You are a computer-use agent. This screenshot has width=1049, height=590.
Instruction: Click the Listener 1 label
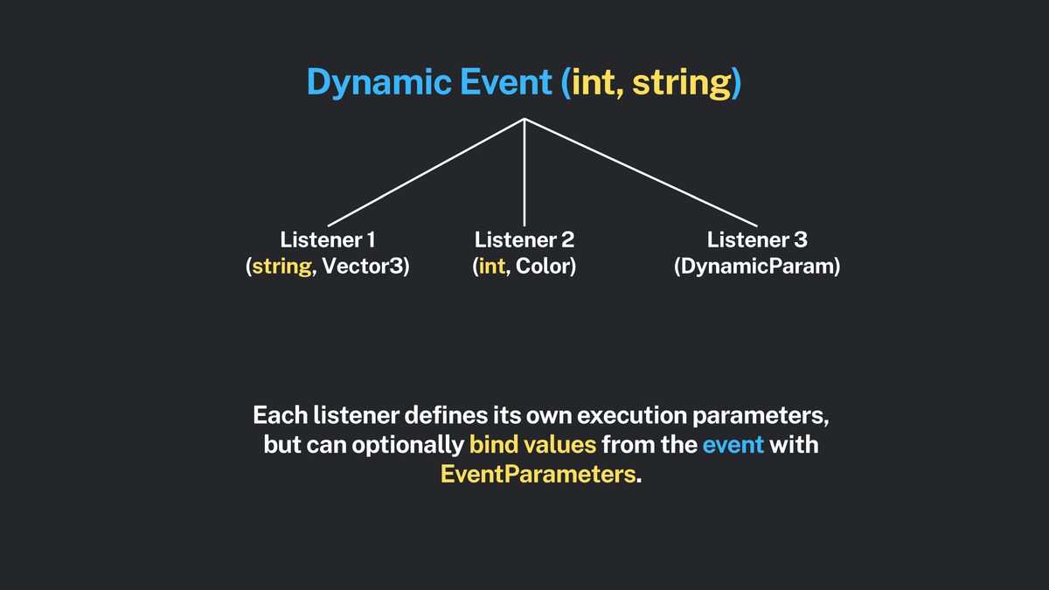328,239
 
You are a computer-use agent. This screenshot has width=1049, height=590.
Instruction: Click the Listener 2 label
524,239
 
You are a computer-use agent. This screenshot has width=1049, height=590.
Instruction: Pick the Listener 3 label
757,239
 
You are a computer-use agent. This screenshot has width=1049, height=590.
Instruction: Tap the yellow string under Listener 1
281,267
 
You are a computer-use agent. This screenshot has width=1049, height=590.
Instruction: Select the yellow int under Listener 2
491,267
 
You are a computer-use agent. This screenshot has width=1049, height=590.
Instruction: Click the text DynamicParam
757,267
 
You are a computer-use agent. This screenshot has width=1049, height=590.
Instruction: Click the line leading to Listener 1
426,171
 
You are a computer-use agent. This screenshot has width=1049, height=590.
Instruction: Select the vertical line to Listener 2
524,175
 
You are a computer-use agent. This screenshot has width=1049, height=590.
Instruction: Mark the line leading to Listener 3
641,171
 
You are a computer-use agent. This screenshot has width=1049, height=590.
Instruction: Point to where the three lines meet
524,119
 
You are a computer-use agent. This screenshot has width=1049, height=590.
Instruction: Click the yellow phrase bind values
532,444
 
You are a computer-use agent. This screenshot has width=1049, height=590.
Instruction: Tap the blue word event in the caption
733,444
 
